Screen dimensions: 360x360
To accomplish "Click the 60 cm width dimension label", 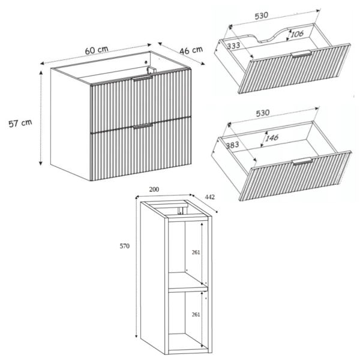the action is tap(97, 50).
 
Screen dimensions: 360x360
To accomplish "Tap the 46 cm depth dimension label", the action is tap(191, 50).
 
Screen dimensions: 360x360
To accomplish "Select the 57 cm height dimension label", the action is tap(20, 123).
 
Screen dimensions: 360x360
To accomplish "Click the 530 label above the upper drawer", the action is tap(261, 16).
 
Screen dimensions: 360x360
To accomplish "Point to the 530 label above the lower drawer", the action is tap(262, 113).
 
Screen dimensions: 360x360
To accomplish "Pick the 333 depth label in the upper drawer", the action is tap(233, 46).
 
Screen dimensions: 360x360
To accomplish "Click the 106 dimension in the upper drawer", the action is tap(297, 34).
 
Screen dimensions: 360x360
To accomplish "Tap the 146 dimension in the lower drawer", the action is tap(272, 138).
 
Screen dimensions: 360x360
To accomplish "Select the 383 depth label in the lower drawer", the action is tap(232, 145).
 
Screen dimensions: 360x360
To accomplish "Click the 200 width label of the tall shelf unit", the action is tap(154, 190).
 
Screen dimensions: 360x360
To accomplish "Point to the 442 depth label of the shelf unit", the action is tap(210, 197).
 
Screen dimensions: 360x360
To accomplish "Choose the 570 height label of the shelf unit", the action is tap(125, 246).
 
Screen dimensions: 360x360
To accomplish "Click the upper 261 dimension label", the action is tap(196, 253).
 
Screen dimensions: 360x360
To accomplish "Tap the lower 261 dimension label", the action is tap(196, 314).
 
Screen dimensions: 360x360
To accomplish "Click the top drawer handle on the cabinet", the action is tap(142, 78).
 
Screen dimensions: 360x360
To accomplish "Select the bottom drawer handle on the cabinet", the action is tap(143, 126).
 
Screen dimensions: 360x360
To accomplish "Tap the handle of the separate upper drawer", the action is tap(301, 53).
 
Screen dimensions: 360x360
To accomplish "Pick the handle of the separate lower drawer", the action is tap(302, 161).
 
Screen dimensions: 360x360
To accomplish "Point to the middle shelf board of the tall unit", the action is tap(188, 283).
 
